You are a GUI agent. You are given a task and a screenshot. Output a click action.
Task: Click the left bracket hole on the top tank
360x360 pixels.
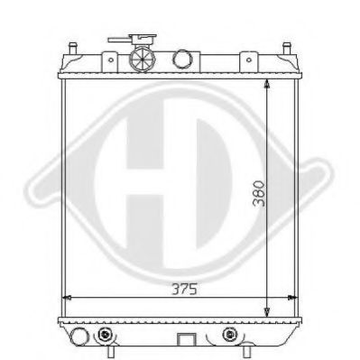click(111, 61)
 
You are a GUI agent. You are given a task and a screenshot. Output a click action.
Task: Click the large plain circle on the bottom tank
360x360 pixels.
click(81, 337)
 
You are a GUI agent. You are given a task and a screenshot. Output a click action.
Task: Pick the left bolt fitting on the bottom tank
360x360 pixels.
click(106, 336)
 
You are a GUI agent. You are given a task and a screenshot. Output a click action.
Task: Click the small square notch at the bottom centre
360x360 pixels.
click(187, 340)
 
